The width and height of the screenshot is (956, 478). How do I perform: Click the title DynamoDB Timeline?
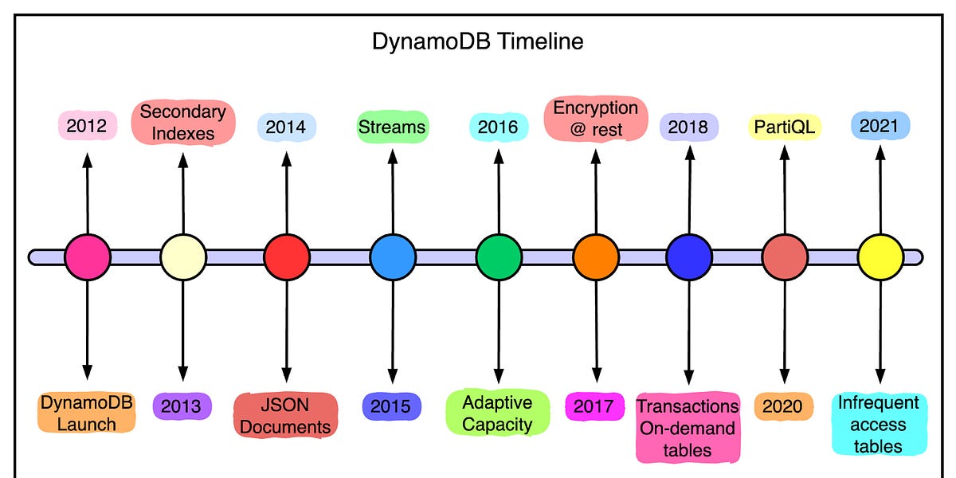[x=477, y=41]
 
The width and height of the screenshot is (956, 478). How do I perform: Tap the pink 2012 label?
[x=88, y=126]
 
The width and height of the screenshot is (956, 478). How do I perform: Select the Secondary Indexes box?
[x=182, y=122]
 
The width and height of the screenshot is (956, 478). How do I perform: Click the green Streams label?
[x=391, y=127]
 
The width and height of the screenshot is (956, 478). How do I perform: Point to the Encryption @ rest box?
[x=595, y=118]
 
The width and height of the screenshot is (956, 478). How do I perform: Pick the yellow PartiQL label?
[x=785, y=127]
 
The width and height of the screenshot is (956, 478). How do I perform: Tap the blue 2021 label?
[x=879, y=126]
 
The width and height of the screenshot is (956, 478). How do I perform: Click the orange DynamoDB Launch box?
[x=86, y=413]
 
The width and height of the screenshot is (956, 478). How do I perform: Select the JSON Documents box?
[x=285, y=415]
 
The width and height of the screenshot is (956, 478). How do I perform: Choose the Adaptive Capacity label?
[x=497, y=413]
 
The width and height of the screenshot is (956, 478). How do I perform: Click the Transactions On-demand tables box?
[x=688, y=428]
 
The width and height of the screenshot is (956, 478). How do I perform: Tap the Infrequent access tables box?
[x=879, y=424]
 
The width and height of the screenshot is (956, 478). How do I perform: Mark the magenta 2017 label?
[x=595, y=407]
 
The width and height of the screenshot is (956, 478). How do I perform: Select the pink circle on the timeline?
[x=87, y=257]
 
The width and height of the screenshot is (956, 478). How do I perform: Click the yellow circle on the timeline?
[x=880, y=257]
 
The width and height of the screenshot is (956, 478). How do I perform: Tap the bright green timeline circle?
[x=499, y=257]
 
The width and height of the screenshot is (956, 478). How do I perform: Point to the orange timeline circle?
[x=595, y=257]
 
